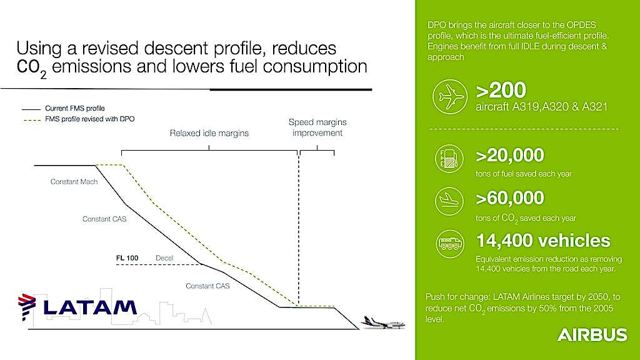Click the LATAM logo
coord(77,307)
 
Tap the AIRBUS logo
coord(592,335)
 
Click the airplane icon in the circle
coord(450,97)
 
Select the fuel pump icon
coord(449,158)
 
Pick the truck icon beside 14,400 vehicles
coord(449,244)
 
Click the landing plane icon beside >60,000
coord(449,201)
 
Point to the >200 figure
coord(501,90)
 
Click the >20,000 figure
coord(510,156)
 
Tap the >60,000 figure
coord(510,198)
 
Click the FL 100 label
coord(127,258)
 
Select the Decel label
coord(164,258)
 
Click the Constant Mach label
coord(74,182)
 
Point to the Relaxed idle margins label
coord(209,133)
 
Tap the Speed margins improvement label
coord(317,127)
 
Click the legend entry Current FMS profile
coord(63,109)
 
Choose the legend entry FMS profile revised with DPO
coord(78,119)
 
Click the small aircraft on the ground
coord(383,322)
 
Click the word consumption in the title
coord(315,66)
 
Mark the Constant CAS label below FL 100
coord(207,286)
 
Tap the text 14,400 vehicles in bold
coord(543,241)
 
